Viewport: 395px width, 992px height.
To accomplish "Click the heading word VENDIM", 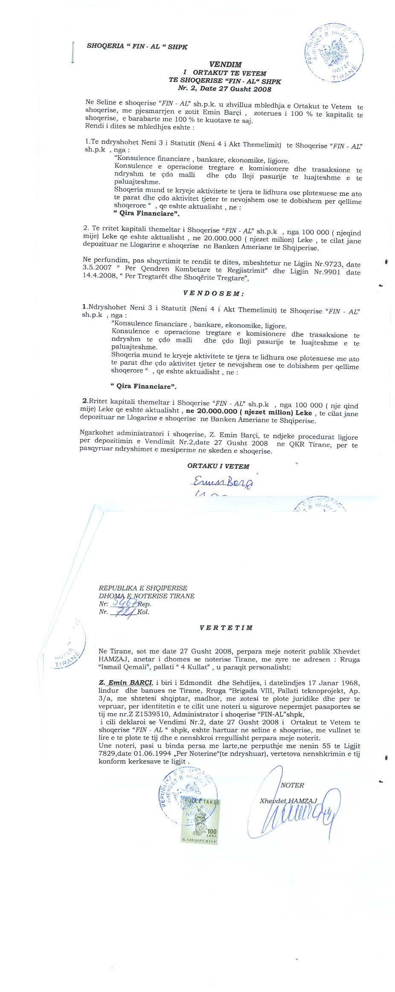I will [x=225, y=65].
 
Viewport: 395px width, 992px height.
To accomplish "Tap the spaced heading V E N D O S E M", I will [x=213, y=294].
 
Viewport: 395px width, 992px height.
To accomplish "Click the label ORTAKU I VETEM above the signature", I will [x=218, y=466].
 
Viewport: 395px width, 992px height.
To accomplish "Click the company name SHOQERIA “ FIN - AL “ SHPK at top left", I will [x=137, y=46].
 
